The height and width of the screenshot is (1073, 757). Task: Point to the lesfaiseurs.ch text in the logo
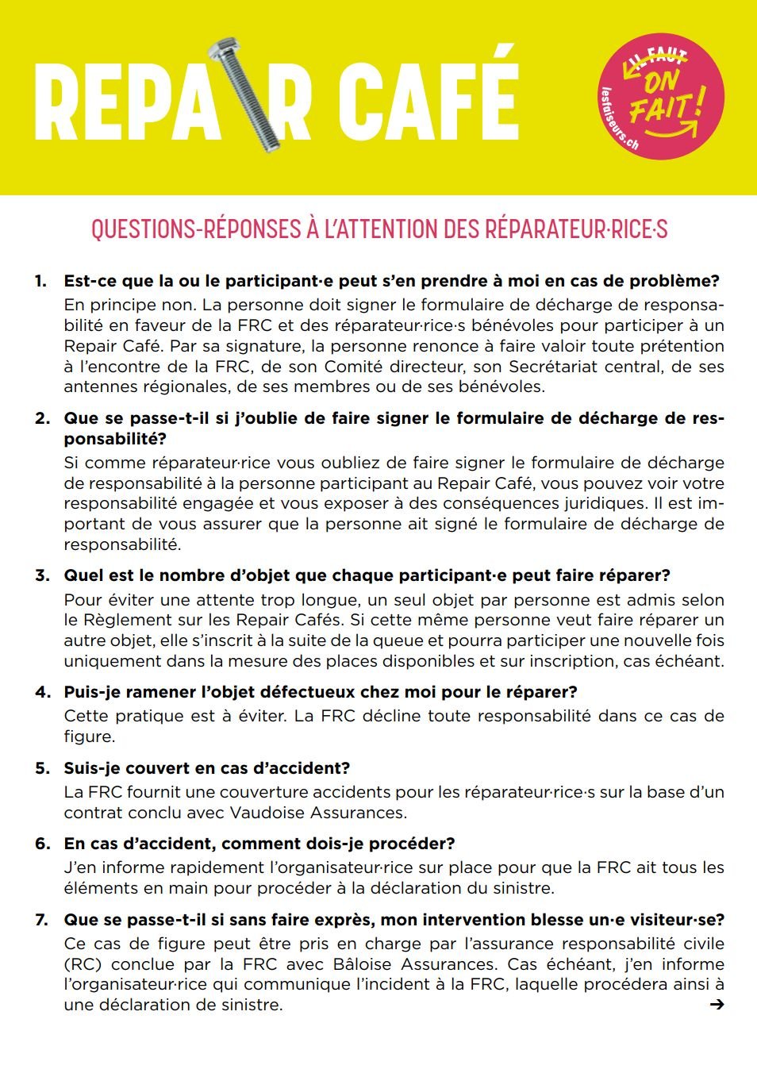click(619, 120)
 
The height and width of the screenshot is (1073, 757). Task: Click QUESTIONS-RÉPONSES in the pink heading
click(194, 229)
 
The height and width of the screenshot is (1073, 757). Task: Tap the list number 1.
click(40, 281)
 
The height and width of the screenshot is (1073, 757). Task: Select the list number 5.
click(42, 768)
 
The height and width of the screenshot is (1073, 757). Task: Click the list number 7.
click(41, 920)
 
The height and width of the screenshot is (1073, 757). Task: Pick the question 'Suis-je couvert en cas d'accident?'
click(207, 768)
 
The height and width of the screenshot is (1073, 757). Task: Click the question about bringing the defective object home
click(321, 692)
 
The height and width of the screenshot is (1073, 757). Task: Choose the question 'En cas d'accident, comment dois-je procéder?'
click(259, 844)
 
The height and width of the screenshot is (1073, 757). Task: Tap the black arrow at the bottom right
click(717, 1005)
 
